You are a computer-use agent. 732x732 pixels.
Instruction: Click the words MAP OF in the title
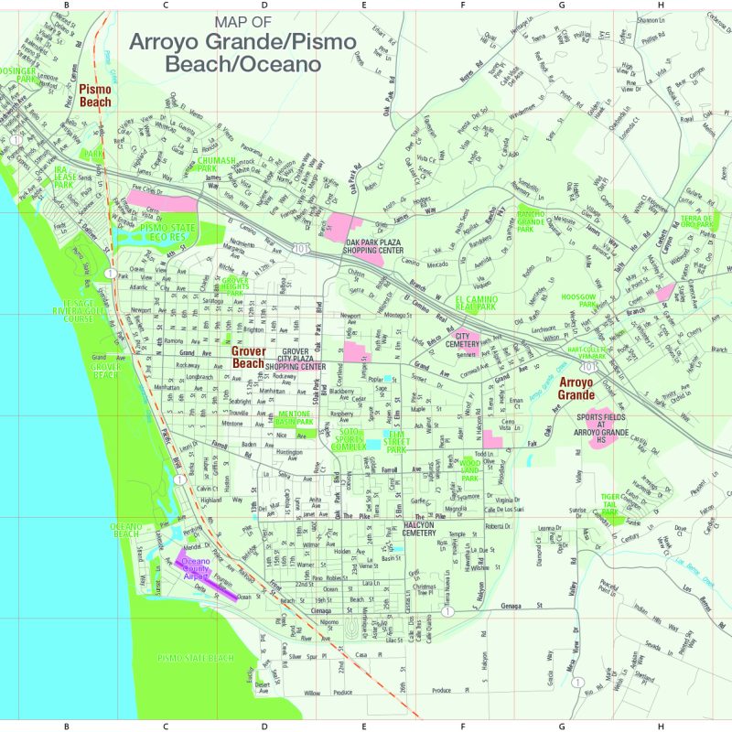[242, 22]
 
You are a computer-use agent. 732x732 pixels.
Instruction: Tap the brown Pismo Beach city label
[95, 95]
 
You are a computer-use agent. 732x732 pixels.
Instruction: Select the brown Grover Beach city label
[247, 357]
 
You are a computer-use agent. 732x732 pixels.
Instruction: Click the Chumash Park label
[219, 164]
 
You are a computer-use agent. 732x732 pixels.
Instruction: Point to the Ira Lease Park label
[63, 178]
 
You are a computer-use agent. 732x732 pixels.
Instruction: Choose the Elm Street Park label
[396, 443]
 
